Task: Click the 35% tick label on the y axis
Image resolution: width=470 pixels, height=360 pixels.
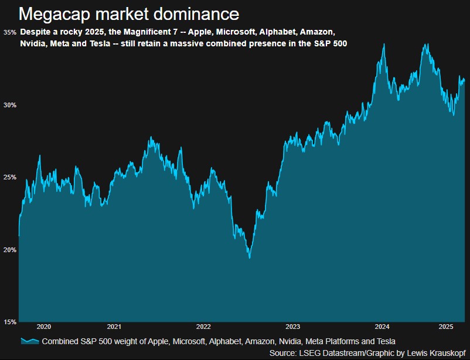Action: pyautogui.click(x=10, y=32)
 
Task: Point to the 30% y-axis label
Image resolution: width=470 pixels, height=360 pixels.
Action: pyautogui.click(x=10, y=105)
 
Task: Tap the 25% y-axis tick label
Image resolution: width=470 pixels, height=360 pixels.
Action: pyautogui.click(x=10, y=177)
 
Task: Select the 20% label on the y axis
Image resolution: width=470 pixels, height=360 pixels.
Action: pyautogui.click(x=10, y=250)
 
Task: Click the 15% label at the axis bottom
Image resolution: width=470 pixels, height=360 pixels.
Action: pyautogui.click(x=10, y=322)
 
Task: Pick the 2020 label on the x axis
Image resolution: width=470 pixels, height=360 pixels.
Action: pyautogui.click(x=44, y=327)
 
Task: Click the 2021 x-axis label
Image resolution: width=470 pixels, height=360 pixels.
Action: pyautogui.click(x=114, y=327)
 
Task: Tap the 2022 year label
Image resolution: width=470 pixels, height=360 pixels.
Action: pyautogui.click(x=203, y=327)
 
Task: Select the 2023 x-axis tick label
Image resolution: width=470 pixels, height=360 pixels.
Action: pyautogui.click(x=292, y=327)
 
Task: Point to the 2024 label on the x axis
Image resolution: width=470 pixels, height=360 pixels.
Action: pyautogui.click(x=382, y=327)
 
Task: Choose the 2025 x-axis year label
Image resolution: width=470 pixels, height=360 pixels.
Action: pyautogui.click(x=446, y=327)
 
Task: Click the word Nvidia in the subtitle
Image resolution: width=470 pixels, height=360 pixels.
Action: pyautogui.click(x=34, y=43)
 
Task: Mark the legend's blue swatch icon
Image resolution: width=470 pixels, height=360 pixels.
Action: pyautogui.click(x=29, y=341)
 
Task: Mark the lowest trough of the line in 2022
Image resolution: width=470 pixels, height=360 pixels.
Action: pyautogui.click(x=250, y=257)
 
